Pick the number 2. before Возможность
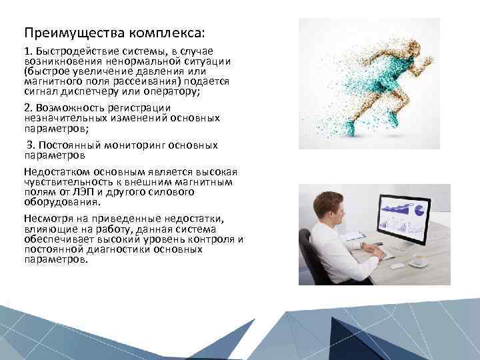(28, 107)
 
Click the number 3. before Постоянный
(31, 145)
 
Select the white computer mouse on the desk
(397, 265)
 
